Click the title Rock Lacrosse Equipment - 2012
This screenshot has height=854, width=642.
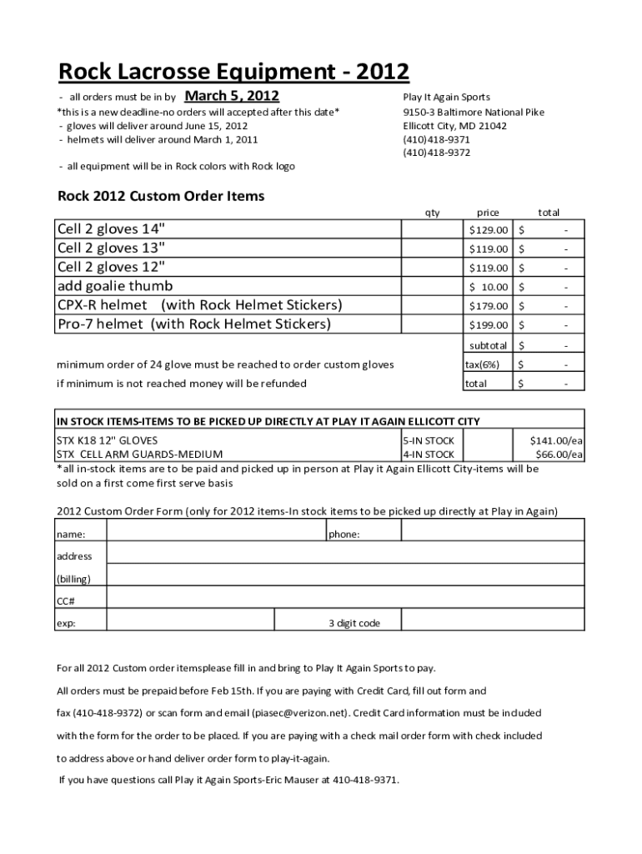pos(233,73)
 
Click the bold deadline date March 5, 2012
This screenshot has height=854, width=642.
pos(238,96)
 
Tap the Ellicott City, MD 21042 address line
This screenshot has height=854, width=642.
pos(454,126)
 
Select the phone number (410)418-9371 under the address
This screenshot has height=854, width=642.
pos(436,139)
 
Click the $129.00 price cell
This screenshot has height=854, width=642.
pos(489,229)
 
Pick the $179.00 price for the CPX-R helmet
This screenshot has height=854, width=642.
pos(489,305)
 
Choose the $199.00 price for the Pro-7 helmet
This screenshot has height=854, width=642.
pos(489,324)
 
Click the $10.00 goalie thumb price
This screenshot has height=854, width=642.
pos(489,287)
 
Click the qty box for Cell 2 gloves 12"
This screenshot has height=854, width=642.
pos(432,268)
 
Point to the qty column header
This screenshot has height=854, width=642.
pos(432,213)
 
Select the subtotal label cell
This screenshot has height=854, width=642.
pos(488,345)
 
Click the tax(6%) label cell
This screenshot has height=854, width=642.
pos(482,364)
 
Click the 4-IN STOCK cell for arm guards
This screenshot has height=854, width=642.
pos(429,455)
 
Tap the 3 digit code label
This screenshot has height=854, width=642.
pos(354,623)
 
